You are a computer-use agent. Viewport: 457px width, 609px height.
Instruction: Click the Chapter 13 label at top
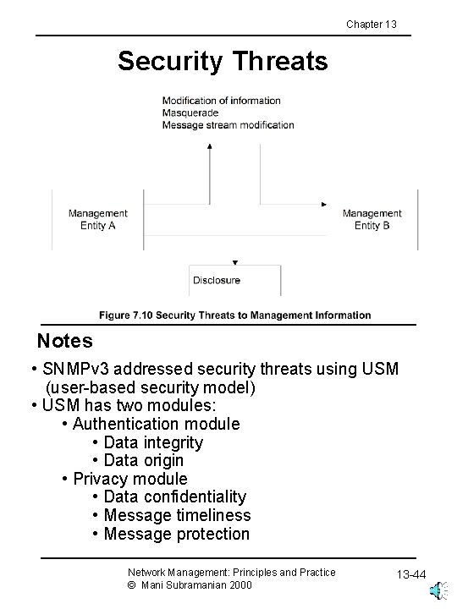click(x=371, y=24)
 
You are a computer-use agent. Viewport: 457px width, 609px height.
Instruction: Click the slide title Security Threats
click(x=222, y=61)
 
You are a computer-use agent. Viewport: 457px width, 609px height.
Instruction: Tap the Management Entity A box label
click(x=98, y=220)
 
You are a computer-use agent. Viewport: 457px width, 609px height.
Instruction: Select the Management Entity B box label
click(x=372, y=220)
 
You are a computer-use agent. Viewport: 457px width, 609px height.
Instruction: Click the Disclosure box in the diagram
click(x=217, y=280)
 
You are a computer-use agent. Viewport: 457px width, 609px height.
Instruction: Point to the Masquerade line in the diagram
click(x=190, y=112)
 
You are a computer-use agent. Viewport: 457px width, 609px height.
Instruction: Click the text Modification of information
click(x=221, y=101)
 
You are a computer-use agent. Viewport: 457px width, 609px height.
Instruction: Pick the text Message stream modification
click(x=228, y=125)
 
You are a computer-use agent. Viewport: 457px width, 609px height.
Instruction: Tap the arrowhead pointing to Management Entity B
click(x=324, y=205)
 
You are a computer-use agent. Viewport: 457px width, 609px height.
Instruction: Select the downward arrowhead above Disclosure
click(x=234, y=262)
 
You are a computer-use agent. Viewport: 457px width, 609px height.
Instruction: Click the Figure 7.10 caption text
click(x=234, y=315)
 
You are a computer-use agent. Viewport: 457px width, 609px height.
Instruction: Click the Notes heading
click(x=64, y=342)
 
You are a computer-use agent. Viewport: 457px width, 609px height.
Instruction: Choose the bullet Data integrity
click(x=152, y=442)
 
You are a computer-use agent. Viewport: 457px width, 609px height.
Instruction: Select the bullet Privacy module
click(x=129, y=479)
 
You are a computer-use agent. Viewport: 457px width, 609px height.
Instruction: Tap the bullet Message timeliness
click(x=176, y=515)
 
